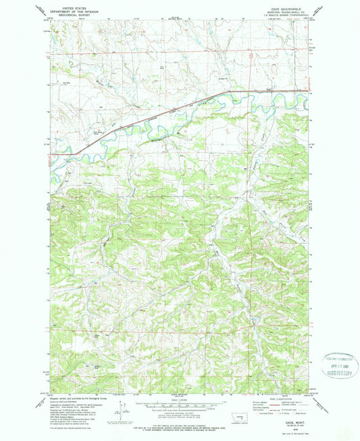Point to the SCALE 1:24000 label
tap(179, 397)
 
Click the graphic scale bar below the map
tap(179, 403)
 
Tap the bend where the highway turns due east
tap(227, 91)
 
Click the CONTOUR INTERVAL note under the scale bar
tap(179, 413)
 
